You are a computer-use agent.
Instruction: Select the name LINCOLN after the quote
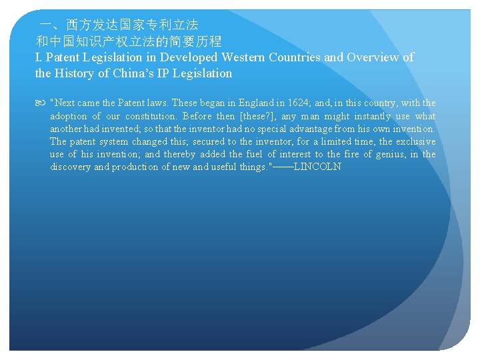(x=317, y=167)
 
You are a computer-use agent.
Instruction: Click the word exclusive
(x=415, y=142)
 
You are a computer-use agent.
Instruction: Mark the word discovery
(x=71, y=167)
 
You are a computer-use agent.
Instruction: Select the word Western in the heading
(x=244, y=57)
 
